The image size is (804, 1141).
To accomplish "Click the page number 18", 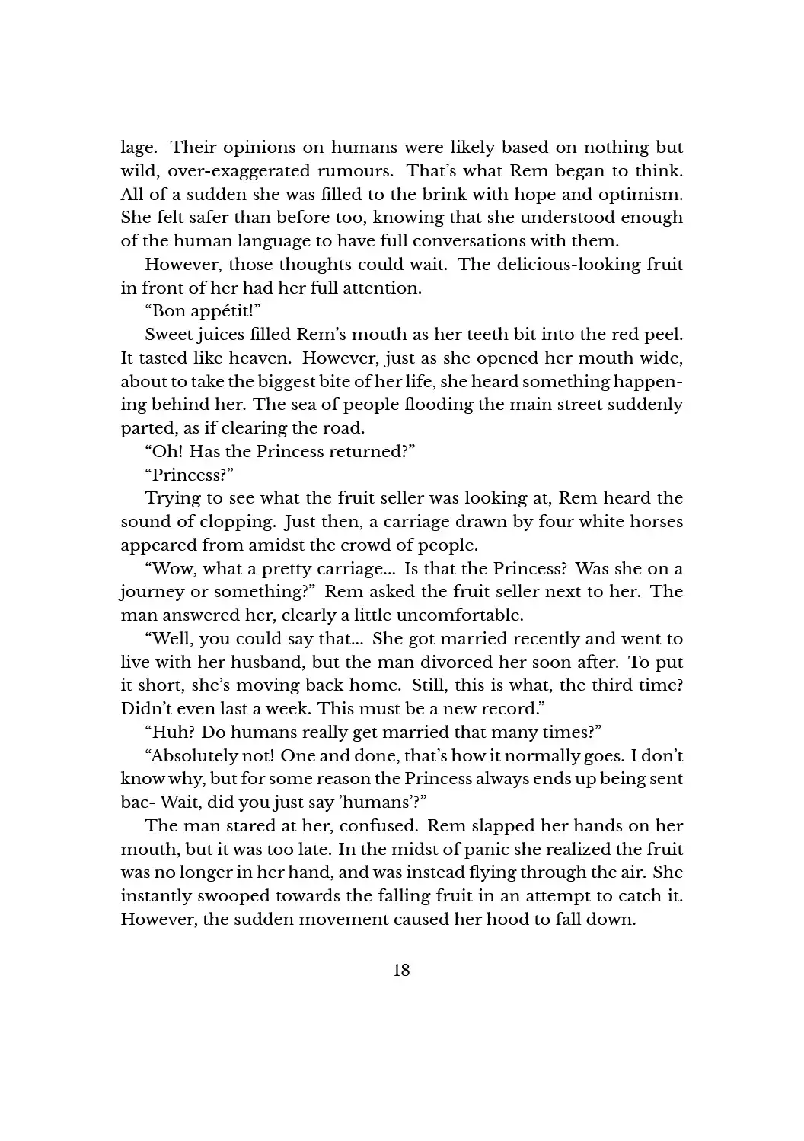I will (401, 970).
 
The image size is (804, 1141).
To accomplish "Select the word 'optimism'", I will (643, 194).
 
